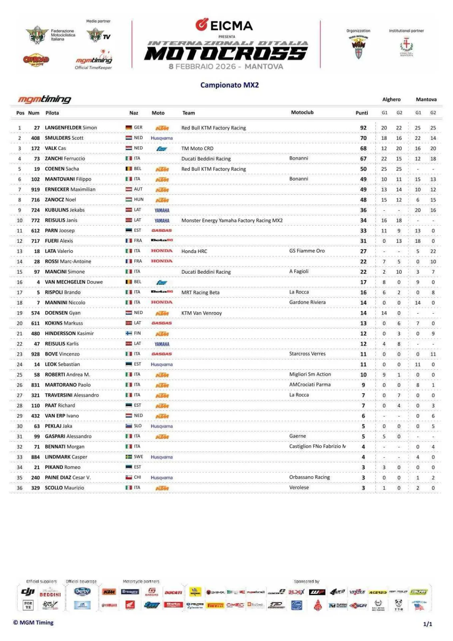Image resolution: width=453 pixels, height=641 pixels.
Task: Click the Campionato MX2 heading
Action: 229,85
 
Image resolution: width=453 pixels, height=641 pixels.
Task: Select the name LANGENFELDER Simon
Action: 71,128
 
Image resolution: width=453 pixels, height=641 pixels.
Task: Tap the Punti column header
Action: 362,113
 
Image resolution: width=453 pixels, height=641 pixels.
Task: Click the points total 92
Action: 363,128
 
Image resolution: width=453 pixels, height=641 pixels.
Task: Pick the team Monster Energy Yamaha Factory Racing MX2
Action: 232,220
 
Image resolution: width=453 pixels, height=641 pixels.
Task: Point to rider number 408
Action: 36,138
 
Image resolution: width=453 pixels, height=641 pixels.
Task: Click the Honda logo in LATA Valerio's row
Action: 162,251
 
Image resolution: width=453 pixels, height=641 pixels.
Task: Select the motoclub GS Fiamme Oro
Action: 307,251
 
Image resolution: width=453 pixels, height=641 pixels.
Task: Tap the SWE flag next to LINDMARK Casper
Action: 129,457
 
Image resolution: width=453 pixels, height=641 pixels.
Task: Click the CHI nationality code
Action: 138,478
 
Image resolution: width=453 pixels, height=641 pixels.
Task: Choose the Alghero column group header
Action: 391,99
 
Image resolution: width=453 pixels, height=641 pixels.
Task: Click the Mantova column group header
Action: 426,99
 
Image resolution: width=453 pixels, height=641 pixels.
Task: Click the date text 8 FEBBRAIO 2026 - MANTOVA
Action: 226,67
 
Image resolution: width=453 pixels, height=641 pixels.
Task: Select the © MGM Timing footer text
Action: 33,623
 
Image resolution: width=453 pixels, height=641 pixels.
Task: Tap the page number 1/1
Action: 427,624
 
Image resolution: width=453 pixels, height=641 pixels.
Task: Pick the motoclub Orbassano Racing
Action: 309,477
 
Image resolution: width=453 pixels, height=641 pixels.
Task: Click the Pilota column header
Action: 52,113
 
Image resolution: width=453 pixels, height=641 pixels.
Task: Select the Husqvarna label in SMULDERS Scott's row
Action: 162,138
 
